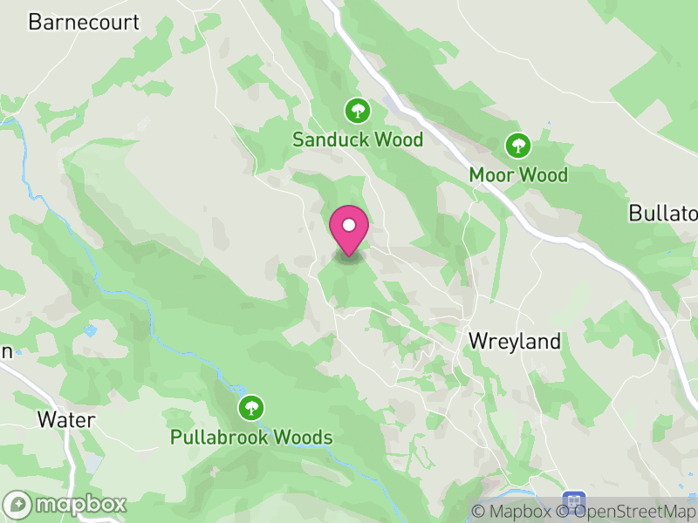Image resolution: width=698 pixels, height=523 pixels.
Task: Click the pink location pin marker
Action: (x=349, y=232)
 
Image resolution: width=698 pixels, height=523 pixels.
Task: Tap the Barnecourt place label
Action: (x=84, y=22)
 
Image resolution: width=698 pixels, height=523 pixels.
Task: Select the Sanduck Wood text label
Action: (x=358, y=139)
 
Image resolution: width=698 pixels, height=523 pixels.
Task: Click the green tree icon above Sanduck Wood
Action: (x=357, y=111)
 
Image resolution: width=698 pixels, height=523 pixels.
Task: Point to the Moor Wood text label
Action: (x=518, y=174)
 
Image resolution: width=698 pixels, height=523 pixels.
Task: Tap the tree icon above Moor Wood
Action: (x=519, y=145)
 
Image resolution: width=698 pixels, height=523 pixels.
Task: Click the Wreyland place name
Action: (x=515, y=341)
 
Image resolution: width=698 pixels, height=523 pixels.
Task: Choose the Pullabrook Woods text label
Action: (x=252, y=437)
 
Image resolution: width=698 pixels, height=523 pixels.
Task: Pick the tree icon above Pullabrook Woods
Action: (x=251, y=407)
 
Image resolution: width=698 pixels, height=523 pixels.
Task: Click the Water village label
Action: (x=66, y=419)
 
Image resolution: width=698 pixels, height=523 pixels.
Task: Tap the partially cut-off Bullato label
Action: (x=663, y=214)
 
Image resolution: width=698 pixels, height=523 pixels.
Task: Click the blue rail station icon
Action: (x=573, y=501)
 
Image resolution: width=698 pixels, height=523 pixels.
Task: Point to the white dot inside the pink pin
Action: (x=349, y=225)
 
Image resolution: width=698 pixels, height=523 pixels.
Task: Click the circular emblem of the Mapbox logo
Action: (x=17, y=504)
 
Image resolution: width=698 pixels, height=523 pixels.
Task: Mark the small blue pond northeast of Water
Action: (x=90, y=330)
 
